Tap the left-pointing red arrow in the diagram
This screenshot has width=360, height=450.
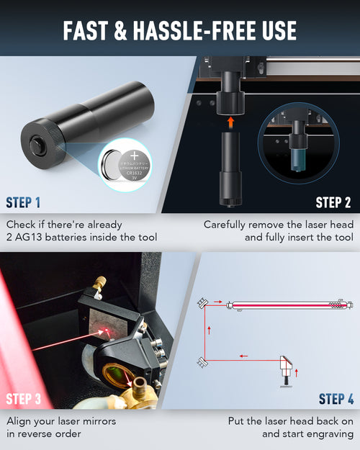point(244,354)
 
